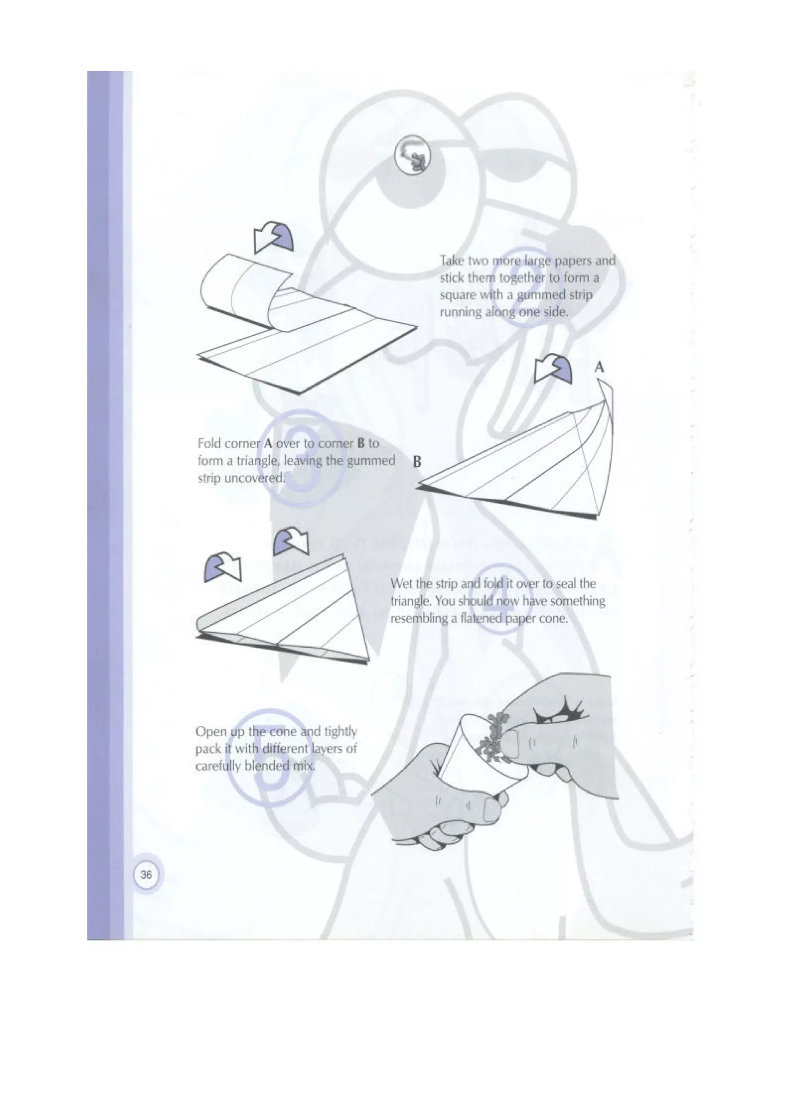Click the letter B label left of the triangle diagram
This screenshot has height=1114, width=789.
[416, 462]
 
